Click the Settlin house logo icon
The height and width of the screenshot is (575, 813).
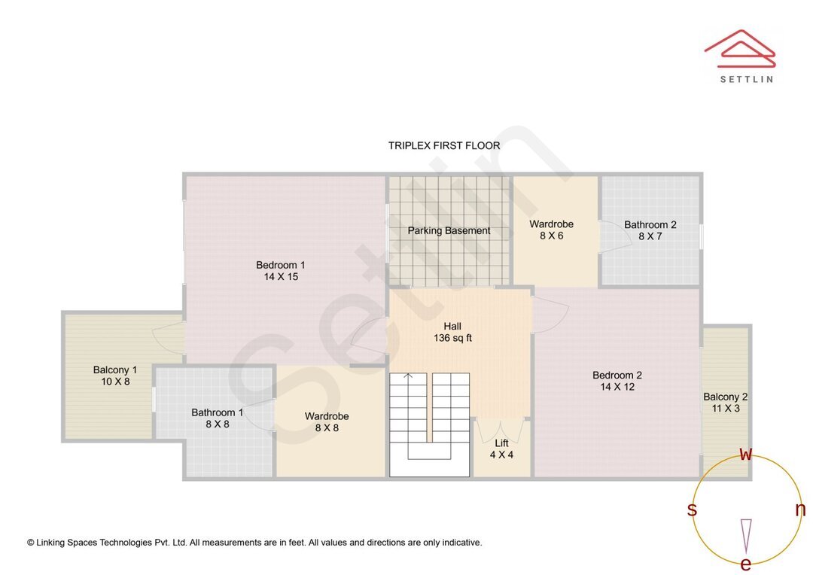click(x=739, y=48)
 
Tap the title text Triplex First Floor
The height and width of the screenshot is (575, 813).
click(x=444, y=145)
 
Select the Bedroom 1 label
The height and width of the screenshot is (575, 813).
click(x=280, y=265)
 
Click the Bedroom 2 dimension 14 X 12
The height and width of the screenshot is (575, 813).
click(x=617, y=387)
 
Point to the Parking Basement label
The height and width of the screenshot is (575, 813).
click(x=449, y=230)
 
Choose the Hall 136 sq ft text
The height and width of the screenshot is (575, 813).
click(x=452, y=332)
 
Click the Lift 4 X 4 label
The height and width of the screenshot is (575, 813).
click(x=501, y=449)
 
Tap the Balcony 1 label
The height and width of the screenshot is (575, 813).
click(x=115, y=370)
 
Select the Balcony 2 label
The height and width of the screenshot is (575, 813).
click(x=725, y=397)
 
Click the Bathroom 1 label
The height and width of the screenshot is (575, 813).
click(x=217, y=412)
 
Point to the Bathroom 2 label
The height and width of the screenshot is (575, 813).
click(x=650, y=224)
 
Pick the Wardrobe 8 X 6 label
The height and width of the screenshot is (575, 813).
click(x=551, y=230)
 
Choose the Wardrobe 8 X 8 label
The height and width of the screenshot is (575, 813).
click(x=327, y=421)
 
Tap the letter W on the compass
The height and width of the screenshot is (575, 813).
click(x=745, y=454)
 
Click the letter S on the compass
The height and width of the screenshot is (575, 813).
click(x=692, y=510)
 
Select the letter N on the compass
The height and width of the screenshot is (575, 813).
click(x=800, y=510)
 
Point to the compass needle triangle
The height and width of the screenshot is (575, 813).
click(x=746, y=535)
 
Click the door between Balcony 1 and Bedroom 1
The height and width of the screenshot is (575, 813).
click(x=169, y=335)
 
